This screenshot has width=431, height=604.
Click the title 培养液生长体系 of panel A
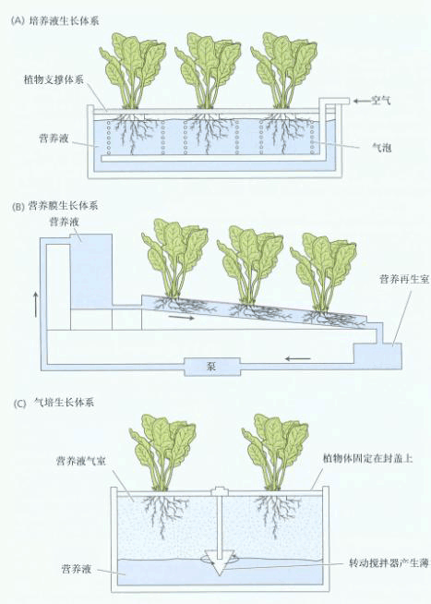(x=65, y=20)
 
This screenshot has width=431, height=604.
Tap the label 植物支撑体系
(x=54, y=80)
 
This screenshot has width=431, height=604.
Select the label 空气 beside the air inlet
(x=381, y=101)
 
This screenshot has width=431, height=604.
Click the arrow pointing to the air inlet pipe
(x=361, y=101)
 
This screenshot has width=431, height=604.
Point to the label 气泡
(x=382, y=147)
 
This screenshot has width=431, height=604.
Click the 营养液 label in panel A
(x=54, y=138)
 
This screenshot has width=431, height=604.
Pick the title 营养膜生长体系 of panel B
(x=63, y=205)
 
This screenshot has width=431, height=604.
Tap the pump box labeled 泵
(x=212, y=367)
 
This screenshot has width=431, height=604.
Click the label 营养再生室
(x=404, y=279)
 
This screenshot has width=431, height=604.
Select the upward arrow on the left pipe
(x=36, y=305)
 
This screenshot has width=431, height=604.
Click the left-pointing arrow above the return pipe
(x=297, y=359)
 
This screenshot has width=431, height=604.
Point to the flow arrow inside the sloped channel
(x=181, y=318)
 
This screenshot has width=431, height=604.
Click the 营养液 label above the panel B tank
(x=64, y=223)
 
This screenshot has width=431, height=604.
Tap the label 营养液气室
(x=81, y=460)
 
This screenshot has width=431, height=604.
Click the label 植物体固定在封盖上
(x=368, y=458)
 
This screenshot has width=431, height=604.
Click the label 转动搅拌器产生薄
(x=389, y=563)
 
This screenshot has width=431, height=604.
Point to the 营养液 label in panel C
(x=77, y=569)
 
